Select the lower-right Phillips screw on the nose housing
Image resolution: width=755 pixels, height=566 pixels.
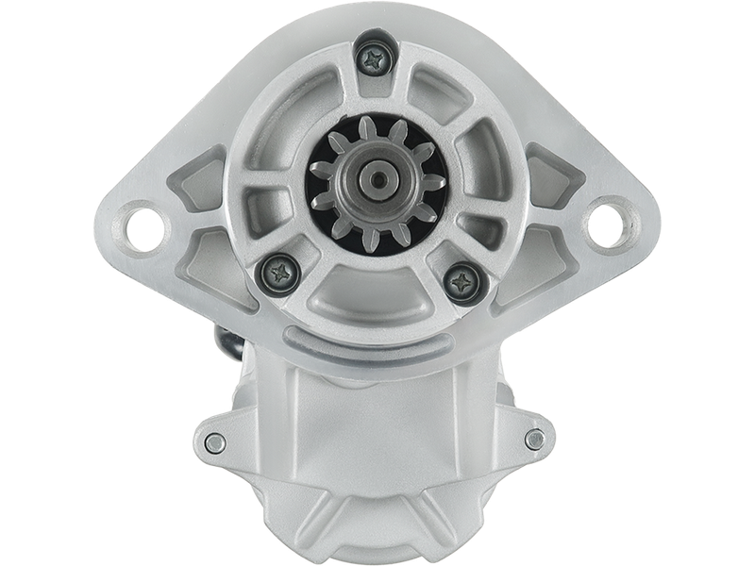tap(461, 279)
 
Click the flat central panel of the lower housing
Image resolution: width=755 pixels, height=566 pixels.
tap(377, 424)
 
